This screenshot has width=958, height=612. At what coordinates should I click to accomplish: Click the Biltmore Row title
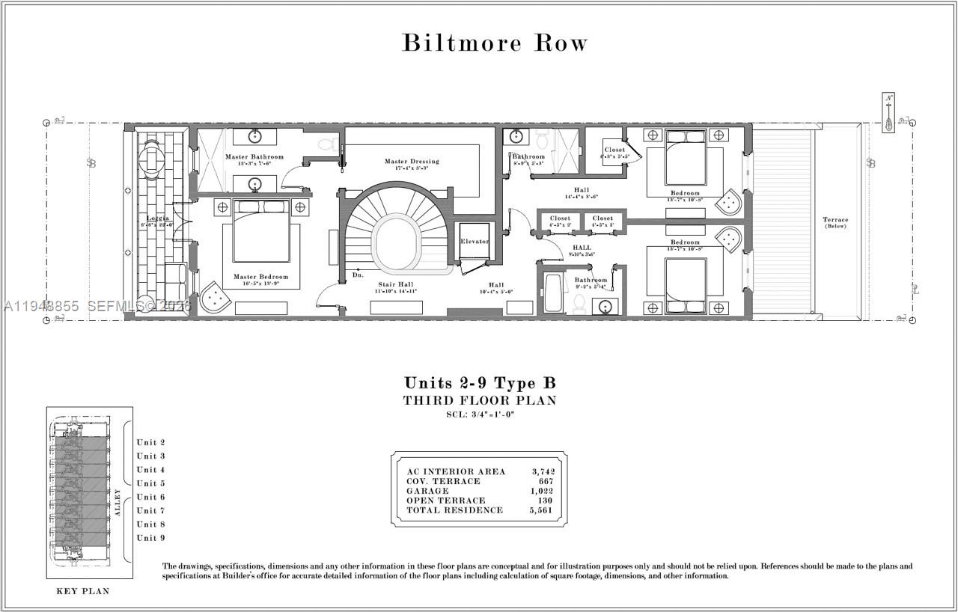point(495,43)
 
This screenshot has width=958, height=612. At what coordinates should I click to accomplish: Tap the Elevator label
point(475,242)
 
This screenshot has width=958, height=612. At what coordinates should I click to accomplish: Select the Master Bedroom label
point(256,277)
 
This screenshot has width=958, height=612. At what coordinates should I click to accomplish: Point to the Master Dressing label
point(412,161)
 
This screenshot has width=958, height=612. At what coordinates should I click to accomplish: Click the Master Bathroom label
point(254,156)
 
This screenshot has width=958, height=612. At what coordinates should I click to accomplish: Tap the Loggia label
point(158,218)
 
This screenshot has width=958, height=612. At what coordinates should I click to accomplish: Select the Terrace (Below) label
point(835,222)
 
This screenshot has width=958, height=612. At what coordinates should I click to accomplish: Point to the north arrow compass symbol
point(888,113)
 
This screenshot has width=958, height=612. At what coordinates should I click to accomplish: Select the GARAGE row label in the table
point(427,491)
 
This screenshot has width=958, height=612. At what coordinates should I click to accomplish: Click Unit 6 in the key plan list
point(150,497)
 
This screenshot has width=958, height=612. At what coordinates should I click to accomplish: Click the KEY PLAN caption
point(83,591)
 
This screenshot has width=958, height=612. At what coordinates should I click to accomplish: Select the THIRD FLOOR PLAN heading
point(480,400)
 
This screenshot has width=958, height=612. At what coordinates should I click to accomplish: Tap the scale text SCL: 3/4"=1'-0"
point(480,414)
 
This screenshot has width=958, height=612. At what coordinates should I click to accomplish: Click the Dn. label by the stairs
point(358,275)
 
